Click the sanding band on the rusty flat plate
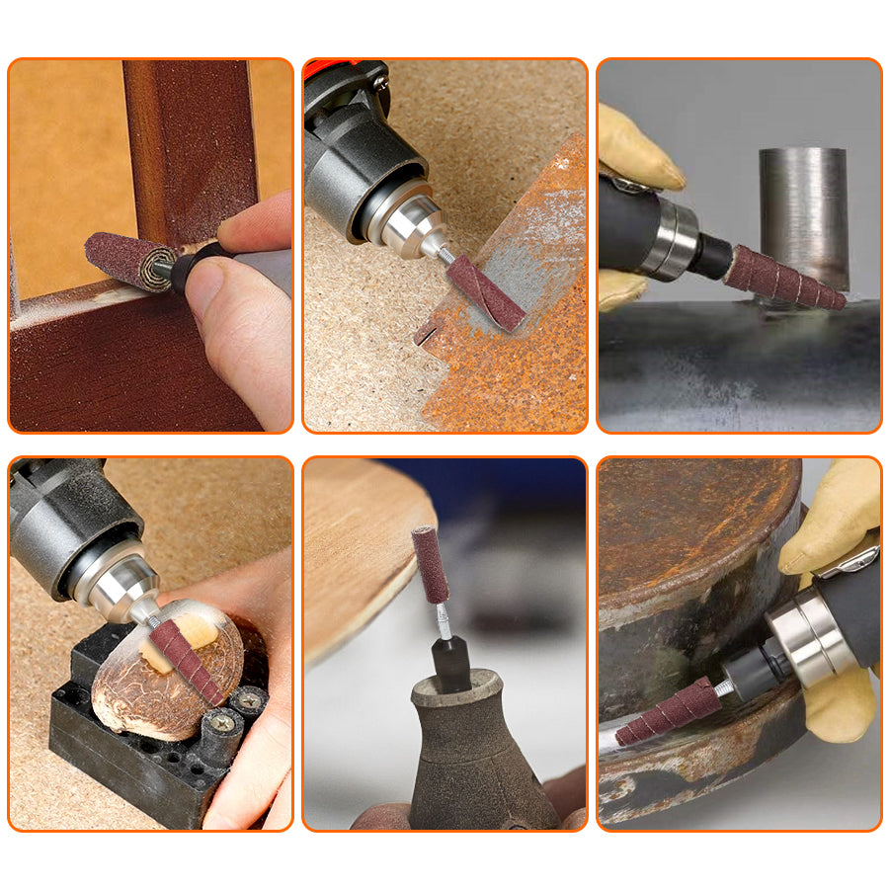(485, 292)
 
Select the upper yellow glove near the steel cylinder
(637, 148)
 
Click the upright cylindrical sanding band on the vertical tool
(430, 564)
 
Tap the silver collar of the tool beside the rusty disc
(804, 643)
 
